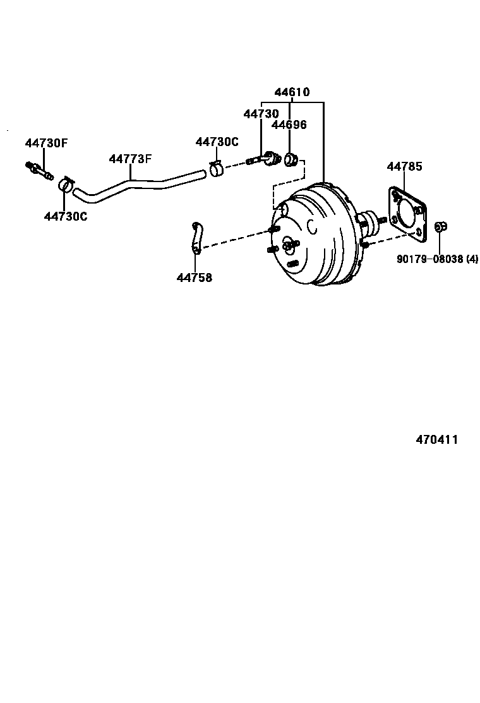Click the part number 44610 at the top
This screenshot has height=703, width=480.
(292, 92)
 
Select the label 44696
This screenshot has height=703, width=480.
(289, 125)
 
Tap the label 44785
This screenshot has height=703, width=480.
(404, 167)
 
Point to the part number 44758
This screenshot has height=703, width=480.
(194, 277)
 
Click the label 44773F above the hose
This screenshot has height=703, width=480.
(130, 159)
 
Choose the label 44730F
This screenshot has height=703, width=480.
(45, 143)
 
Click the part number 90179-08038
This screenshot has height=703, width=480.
(429, 259)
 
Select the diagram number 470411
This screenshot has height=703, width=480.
(436, 440)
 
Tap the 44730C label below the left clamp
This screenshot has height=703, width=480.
(66, 216)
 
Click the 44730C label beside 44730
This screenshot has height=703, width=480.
(217, 142)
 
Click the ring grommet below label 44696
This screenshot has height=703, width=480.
(291, 159)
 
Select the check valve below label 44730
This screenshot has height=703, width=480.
(265, 159)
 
